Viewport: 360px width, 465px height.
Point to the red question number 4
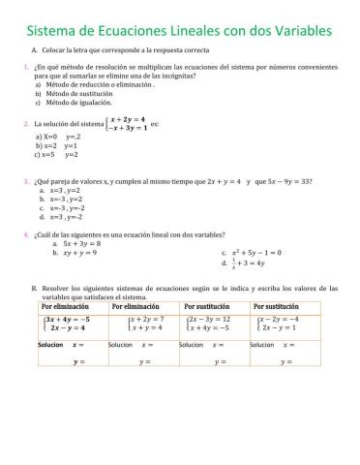tap(25, 233)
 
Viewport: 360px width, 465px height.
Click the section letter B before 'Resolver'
tap(34, 287)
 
